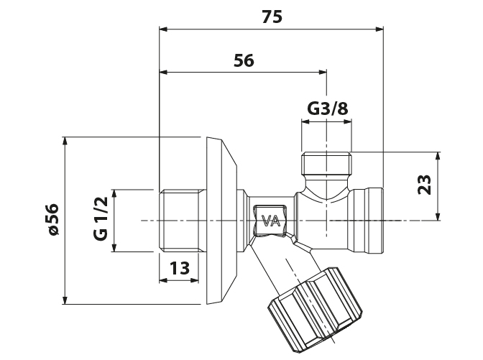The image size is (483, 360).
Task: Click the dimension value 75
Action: (x=272, y=18)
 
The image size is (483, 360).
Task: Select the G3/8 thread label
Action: (x=328, y=109)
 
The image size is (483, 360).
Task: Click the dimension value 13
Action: (x=180, y=268)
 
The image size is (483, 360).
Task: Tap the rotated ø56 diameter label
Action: (x=51, y=220)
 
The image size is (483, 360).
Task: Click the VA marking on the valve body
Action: (x=271, y=221)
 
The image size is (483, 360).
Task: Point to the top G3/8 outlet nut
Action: (x=328, y=165)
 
